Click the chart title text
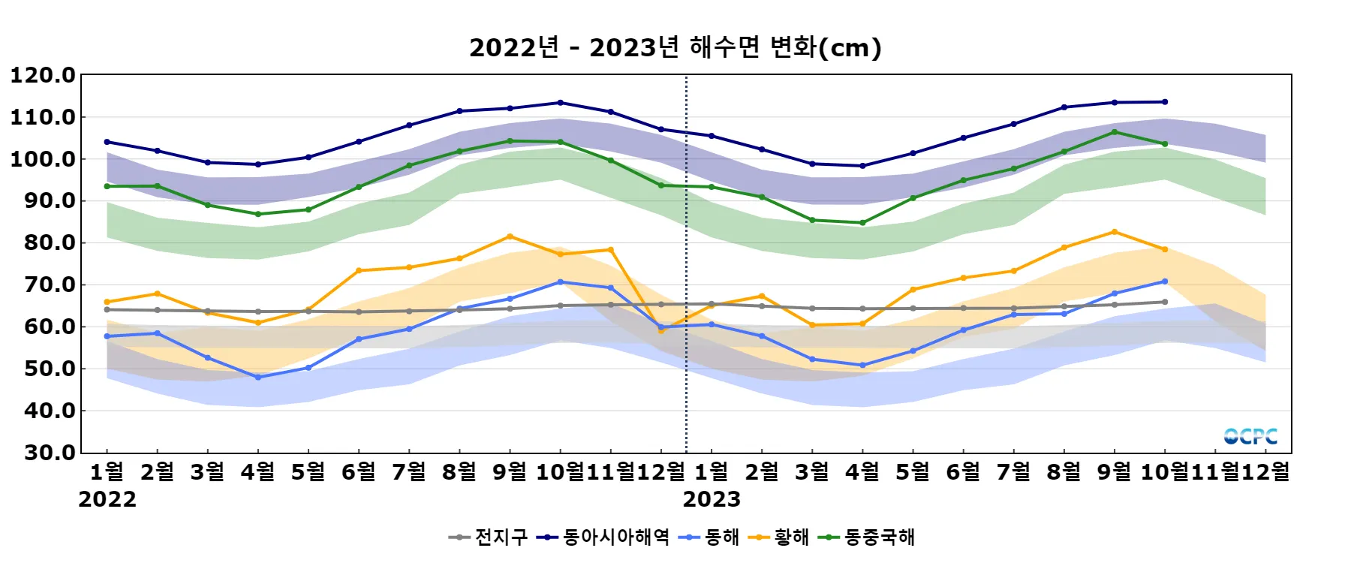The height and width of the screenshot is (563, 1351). point(675,47)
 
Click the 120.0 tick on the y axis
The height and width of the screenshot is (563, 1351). point(43,75)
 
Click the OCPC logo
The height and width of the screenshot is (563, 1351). point(1250,436)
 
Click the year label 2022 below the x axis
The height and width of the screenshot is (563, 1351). point(107,499)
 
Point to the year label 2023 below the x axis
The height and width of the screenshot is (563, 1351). point(712,499)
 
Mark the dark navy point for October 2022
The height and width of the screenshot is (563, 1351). point(561,103)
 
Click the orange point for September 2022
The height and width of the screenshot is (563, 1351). point(510,236)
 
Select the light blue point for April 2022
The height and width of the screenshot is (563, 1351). point(258,378)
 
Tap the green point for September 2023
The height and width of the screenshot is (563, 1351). point(1115,132)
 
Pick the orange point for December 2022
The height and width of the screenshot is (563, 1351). point(661,330)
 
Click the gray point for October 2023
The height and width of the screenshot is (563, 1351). point(1165,302)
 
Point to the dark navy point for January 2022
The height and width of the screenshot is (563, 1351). point(107,142)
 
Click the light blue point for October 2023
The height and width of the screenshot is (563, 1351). point(1165,281)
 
